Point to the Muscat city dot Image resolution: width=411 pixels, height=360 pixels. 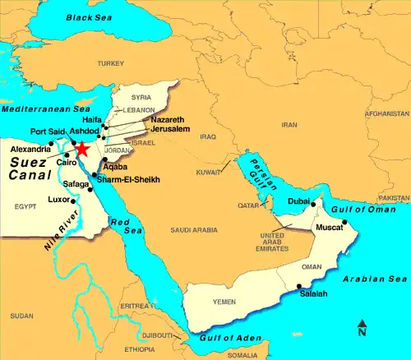[343, 221]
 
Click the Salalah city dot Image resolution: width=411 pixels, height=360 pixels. [298, 286]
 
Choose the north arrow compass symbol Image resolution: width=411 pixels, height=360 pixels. [362, 329]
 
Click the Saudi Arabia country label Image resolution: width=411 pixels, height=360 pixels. [194, 231]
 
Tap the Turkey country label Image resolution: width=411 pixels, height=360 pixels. [109, 63]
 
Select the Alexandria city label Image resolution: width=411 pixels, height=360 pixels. [30, 150]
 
